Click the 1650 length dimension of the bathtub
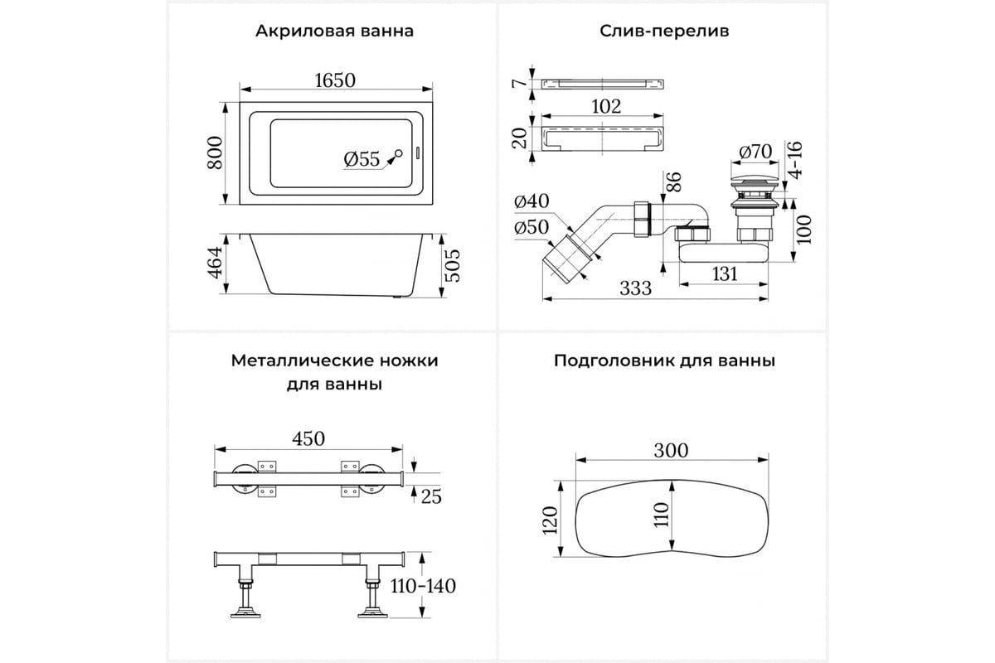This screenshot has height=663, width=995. click(335, 80)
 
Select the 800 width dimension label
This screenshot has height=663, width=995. click(215, 152)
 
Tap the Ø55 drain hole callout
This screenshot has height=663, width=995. click(362, 159)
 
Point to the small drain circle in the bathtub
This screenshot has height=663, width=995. click(399, 153)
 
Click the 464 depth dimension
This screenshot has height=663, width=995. click(215, 263)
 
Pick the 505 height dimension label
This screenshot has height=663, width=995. click(453, 265)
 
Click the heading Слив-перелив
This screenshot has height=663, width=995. click(664, 31)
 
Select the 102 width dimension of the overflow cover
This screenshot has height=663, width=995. click(606, 107)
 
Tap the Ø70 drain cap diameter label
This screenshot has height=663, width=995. click(755, 152)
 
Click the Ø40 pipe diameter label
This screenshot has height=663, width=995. click(531, 201)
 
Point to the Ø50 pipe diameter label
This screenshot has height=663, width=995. click(531, 227)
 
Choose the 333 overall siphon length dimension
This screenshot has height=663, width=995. click(636, 288)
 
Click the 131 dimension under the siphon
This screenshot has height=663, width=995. click(725, 274)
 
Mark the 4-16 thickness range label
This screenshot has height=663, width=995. click(795, 160)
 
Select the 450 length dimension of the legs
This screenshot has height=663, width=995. click(308, 438)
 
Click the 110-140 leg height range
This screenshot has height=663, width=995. click(423, 586)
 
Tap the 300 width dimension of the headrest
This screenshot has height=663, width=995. click(671, 451)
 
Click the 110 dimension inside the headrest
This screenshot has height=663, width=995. click(662, 515)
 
